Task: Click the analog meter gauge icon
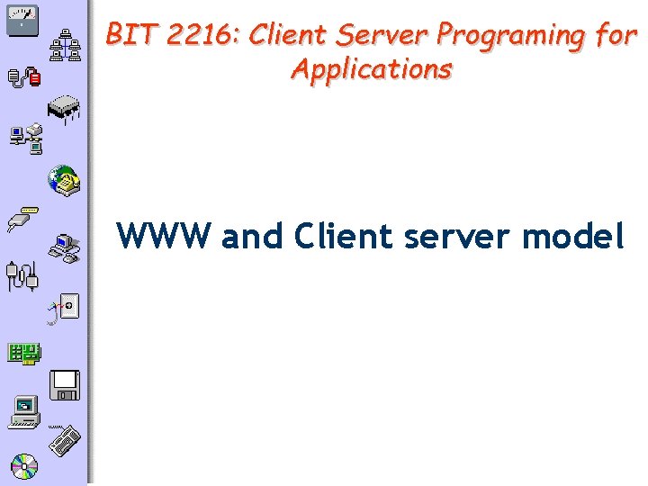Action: point(22,19)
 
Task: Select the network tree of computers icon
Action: point(66,43)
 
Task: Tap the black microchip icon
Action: point(64,108)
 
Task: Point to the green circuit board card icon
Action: point(24,352)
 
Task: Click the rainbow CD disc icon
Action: point(24,465)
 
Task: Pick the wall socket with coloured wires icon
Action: point(65,309)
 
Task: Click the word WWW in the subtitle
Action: point(164,236)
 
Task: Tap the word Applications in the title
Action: point(372,68)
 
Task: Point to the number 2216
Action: point(197,35)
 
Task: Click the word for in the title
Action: point(616,35)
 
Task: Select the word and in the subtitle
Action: point(252,236)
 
